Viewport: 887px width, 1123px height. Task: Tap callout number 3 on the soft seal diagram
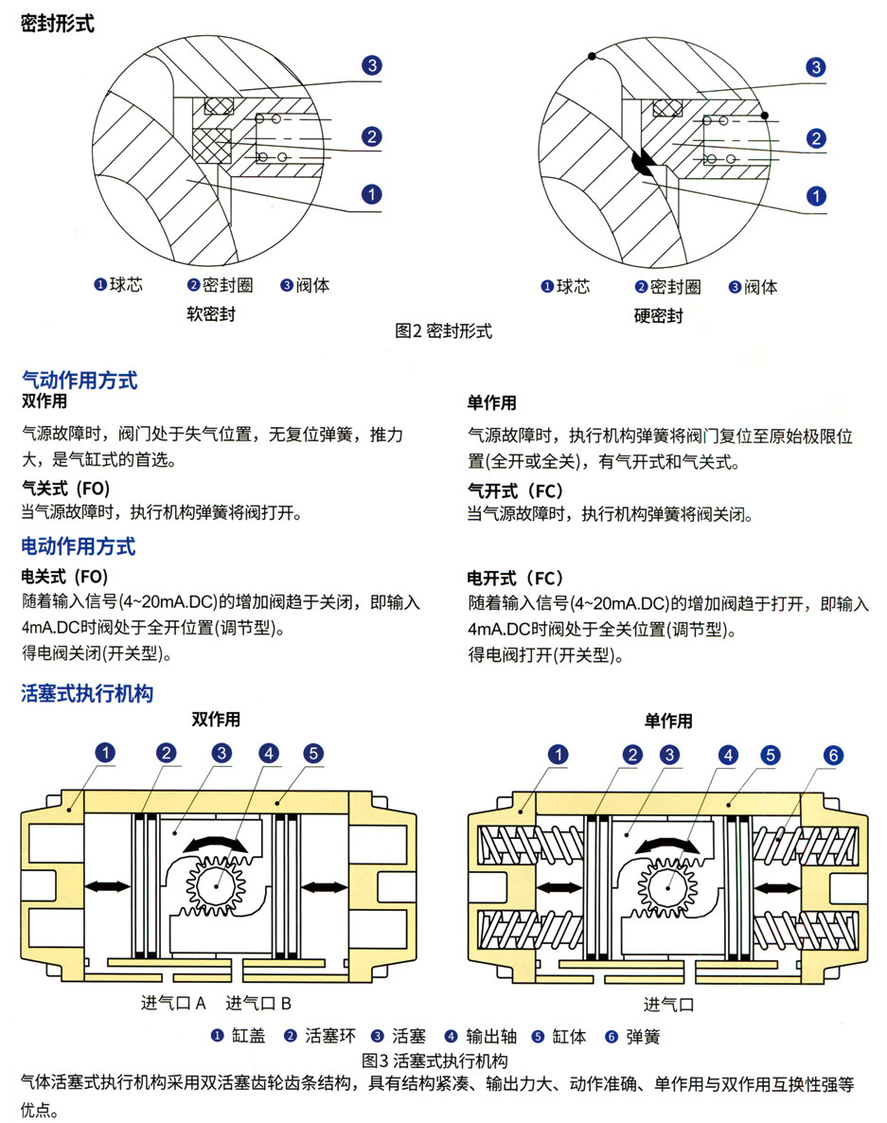[x=372, y=64]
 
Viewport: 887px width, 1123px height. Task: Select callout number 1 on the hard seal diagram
[x=815, y=196]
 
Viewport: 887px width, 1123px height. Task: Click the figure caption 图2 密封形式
[x=443, y=331]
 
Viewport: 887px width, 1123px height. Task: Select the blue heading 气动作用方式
[x=80, y=381]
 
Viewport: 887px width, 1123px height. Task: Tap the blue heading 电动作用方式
[x=79, y=546]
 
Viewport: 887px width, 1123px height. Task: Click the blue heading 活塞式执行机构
[x=87, y=694]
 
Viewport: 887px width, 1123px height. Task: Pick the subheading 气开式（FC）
[x=515, y=490]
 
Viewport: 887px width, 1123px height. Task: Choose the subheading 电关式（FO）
[x=64, y=576]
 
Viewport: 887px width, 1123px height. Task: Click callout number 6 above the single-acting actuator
[x=832, y=756]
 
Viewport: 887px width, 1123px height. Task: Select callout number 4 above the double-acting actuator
[x=269, y=754]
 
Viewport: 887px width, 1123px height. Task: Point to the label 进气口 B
[x=257, y=1003]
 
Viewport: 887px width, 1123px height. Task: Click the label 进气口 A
[x=173, y=1003]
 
